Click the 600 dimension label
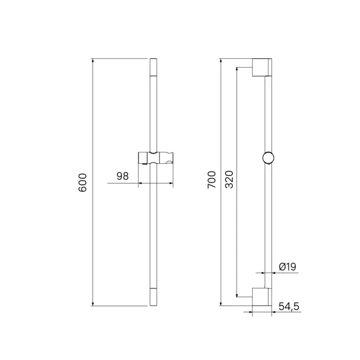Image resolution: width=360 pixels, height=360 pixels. click(x=82, y=182)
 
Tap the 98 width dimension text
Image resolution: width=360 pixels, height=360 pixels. click(x=122, y=176)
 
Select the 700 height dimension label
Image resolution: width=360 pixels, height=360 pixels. click(x=212, y=179)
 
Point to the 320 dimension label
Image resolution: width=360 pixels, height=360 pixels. click(x=229, y=179)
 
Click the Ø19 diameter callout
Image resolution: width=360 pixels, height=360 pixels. click(x=287, y=267)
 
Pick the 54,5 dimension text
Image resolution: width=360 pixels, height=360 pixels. click(x=289, y=306)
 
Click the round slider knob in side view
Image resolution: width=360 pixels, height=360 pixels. click(x=268, y=158)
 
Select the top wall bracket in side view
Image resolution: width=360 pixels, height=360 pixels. click(x=262, y=67)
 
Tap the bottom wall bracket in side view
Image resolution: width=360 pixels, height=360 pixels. click(x=262, y=297)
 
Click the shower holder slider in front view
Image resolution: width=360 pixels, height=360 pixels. click(x=155, y=158)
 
